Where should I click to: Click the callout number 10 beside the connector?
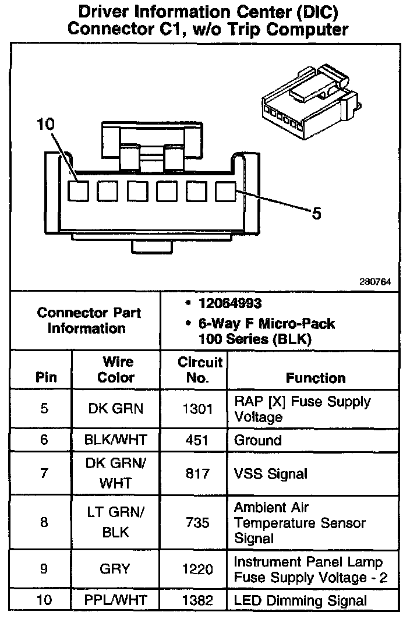point(45,125)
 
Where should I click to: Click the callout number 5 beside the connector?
point(316,214)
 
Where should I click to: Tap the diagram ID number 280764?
point(375,282)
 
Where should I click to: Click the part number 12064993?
point(229,303)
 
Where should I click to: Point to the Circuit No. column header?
point(200,370)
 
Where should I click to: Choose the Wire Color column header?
point(116,370)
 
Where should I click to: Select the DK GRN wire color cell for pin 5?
point(115,408)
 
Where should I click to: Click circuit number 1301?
point(197,408)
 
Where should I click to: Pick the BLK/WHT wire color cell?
point(115,440)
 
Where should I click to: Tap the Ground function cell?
point(257,440)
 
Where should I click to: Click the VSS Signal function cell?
point(270,474)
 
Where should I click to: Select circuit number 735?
point(197,522)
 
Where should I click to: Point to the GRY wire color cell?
point(115,569)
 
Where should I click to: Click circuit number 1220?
point(197,569)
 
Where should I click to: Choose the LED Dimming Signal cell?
point(301,601)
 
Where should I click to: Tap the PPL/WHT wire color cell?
point(115,601)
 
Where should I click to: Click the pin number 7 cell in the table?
point(44,474)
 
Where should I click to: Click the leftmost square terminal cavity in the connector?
point(79,192)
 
